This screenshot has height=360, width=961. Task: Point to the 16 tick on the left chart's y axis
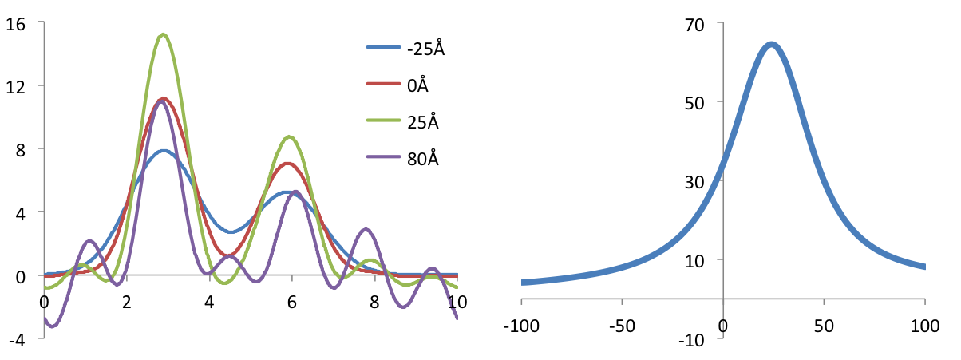click(15, 23)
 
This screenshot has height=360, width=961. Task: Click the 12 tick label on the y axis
click(15, 86)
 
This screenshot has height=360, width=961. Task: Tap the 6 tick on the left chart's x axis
click(292, 303)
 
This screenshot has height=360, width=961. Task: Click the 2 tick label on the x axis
click(126, 303)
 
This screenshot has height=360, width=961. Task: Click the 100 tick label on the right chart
click(924, 326)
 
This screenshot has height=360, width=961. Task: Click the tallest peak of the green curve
click(163, 34)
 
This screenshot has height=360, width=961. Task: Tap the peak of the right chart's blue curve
click(771, 45)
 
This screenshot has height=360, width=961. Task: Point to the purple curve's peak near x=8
click(366, 230)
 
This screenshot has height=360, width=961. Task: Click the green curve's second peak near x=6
click(290, 137)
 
